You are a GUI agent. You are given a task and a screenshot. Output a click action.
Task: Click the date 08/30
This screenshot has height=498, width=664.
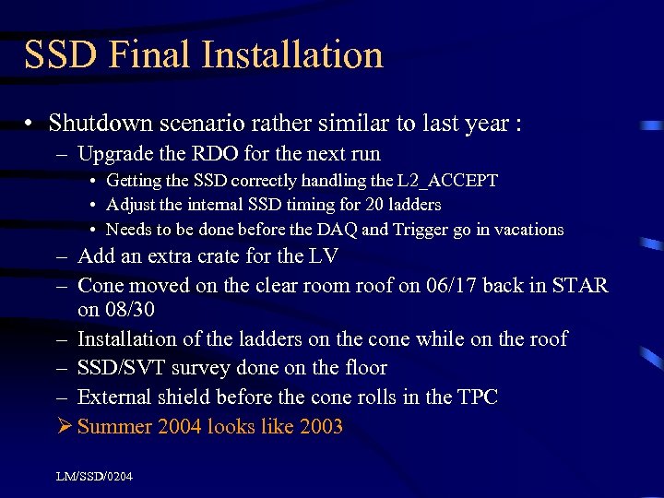coord(128,310)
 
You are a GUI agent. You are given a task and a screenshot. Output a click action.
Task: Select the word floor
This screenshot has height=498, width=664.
coord(362,368)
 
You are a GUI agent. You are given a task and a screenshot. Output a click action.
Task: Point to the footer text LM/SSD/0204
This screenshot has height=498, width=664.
coord(94,476)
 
